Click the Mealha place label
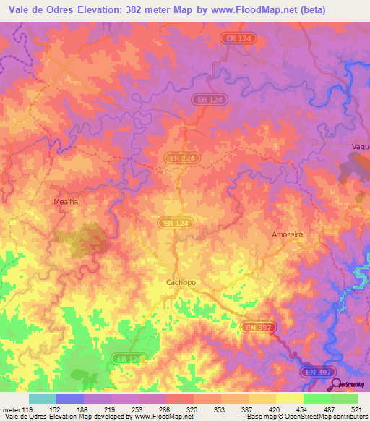click(x=66, y=202)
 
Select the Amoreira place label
click(x=286, y=235)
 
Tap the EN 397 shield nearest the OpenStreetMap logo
click(x=319, y=372)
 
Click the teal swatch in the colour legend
click(x=42, y=399)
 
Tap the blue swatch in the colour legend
click(x=69, y=399)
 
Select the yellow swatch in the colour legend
click(x=289, y=399)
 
